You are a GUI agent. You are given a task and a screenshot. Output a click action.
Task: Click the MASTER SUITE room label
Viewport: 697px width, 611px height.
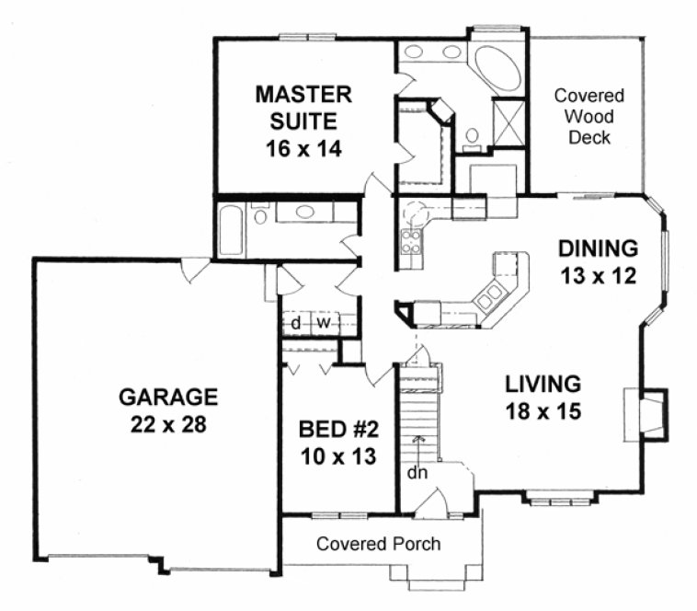click(x=303, y=121)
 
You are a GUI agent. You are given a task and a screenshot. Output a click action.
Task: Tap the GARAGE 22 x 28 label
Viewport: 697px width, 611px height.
click(x=168, y=410)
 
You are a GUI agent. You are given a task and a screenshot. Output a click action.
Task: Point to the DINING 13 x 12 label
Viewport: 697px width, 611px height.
click(x=598, y=261)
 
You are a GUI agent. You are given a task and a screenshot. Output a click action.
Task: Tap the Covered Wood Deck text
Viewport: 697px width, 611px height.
click(x=589, y=117)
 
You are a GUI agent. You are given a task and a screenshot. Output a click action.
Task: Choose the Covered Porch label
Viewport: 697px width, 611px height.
click(x=378, y=544)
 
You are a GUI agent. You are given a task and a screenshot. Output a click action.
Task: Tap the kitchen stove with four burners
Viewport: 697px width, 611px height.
click(x=411, y=241)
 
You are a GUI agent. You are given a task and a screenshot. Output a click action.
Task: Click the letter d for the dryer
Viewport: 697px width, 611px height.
click(x=296, y=323)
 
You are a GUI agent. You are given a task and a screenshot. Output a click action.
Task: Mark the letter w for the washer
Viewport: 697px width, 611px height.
click(x=323, y=323)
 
